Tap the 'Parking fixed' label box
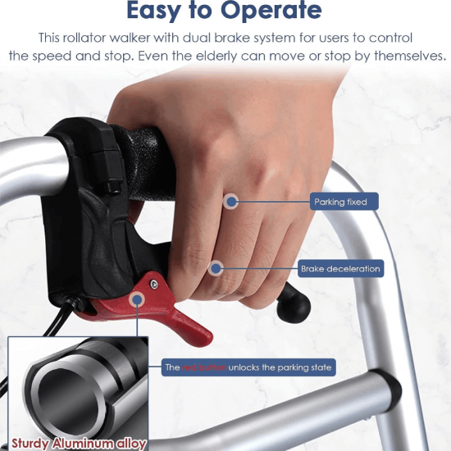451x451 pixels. (344, 202)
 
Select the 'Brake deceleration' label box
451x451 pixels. (340, 269)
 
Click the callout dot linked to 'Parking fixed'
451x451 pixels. (231, 202)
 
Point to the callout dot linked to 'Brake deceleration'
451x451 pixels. (216, 269)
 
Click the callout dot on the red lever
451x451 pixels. (137, 299)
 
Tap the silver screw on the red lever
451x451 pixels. (154, 285)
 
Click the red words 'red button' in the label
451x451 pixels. (204, 367)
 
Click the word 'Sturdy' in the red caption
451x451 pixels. (30, 444)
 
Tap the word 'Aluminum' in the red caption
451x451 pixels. (84, 443)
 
